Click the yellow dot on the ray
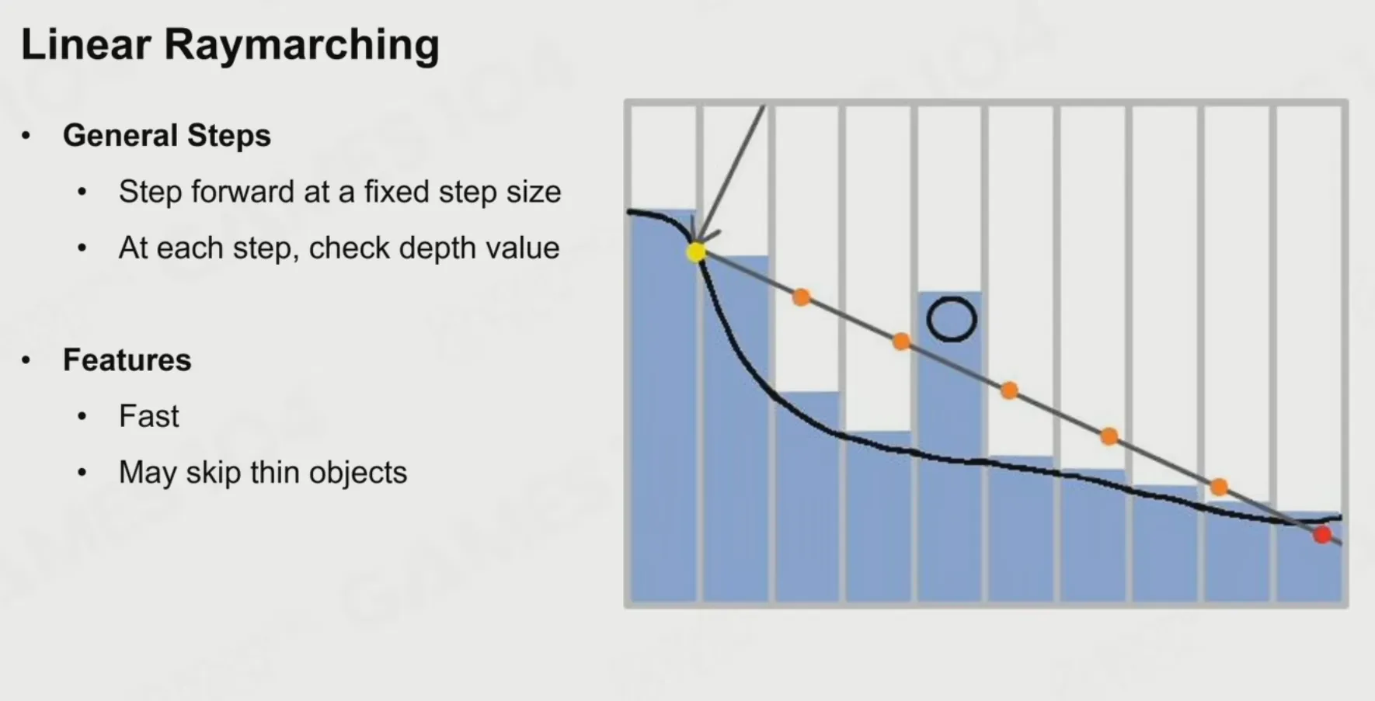[696, 252]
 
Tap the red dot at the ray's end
[1322, 534]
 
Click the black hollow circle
[952, 319]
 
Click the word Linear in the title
[85, 44]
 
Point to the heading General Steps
[167, 135]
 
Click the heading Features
[127, 360]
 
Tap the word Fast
[149, 416]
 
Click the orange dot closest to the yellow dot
[801, 297]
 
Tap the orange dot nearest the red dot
[1219, 487]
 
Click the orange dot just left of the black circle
[901, 342]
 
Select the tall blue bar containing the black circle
[949, 446]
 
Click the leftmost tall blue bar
[663, 405]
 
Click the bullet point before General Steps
[26, 136]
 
